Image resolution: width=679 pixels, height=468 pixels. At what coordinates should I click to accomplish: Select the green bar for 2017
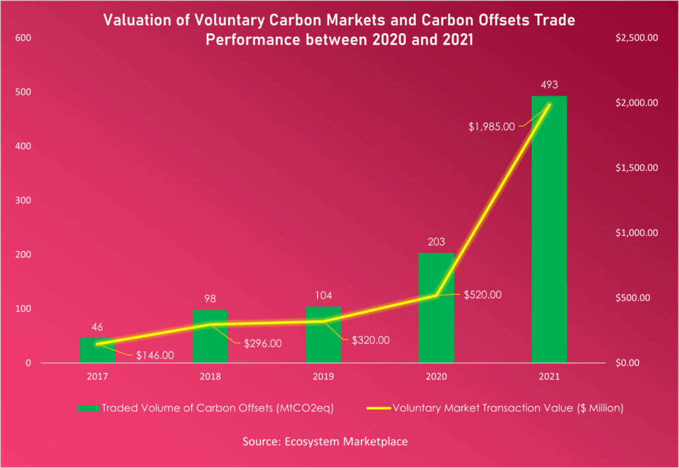97,351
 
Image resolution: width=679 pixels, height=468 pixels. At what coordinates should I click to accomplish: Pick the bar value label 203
436,243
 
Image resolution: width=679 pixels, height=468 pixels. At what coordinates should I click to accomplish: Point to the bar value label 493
549,85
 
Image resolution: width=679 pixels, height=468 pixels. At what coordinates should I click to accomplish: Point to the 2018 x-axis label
210,377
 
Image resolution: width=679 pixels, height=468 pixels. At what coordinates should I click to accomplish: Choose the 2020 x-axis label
436,377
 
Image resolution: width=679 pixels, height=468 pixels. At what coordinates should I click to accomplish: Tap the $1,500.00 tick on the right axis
636,168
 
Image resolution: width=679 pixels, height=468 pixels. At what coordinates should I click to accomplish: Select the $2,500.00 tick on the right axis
636,38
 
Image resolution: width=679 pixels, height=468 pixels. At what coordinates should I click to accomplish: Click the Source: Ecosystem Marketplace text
339,440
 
